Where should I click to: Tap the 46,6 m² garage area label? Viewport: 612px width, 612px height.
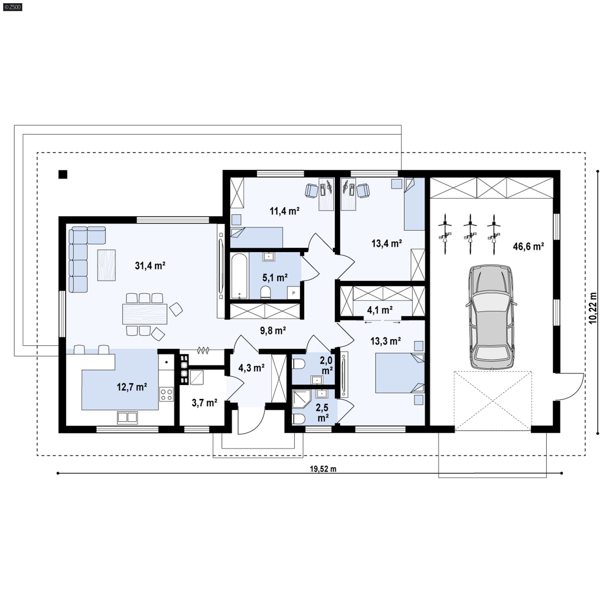528,246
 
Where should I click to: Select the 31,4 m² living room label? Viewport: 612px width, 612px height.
150,266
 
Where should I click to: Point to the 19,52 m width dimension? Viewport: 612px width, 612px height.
323,469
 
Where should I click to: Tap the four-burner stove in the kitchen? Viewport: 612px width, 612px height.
166,394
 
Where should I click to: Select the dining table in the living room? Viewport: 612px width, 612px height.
145,314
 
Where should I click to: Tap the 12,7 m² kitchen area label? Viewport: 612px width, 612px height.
132,387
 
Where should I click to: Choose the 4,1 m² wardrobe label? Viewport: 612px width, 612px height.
380,310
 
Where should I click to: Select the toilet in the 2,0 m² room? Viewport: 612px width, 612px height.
298,364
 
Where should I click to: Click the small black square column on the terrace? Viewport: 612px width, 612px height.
63,174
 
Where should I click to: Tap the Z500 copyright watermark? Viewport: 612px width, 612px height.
11,7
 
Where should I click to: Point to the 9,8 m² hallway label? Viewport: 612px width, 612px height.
273,331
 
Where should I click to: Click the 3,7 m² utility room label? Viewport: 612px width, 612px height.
204,403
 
